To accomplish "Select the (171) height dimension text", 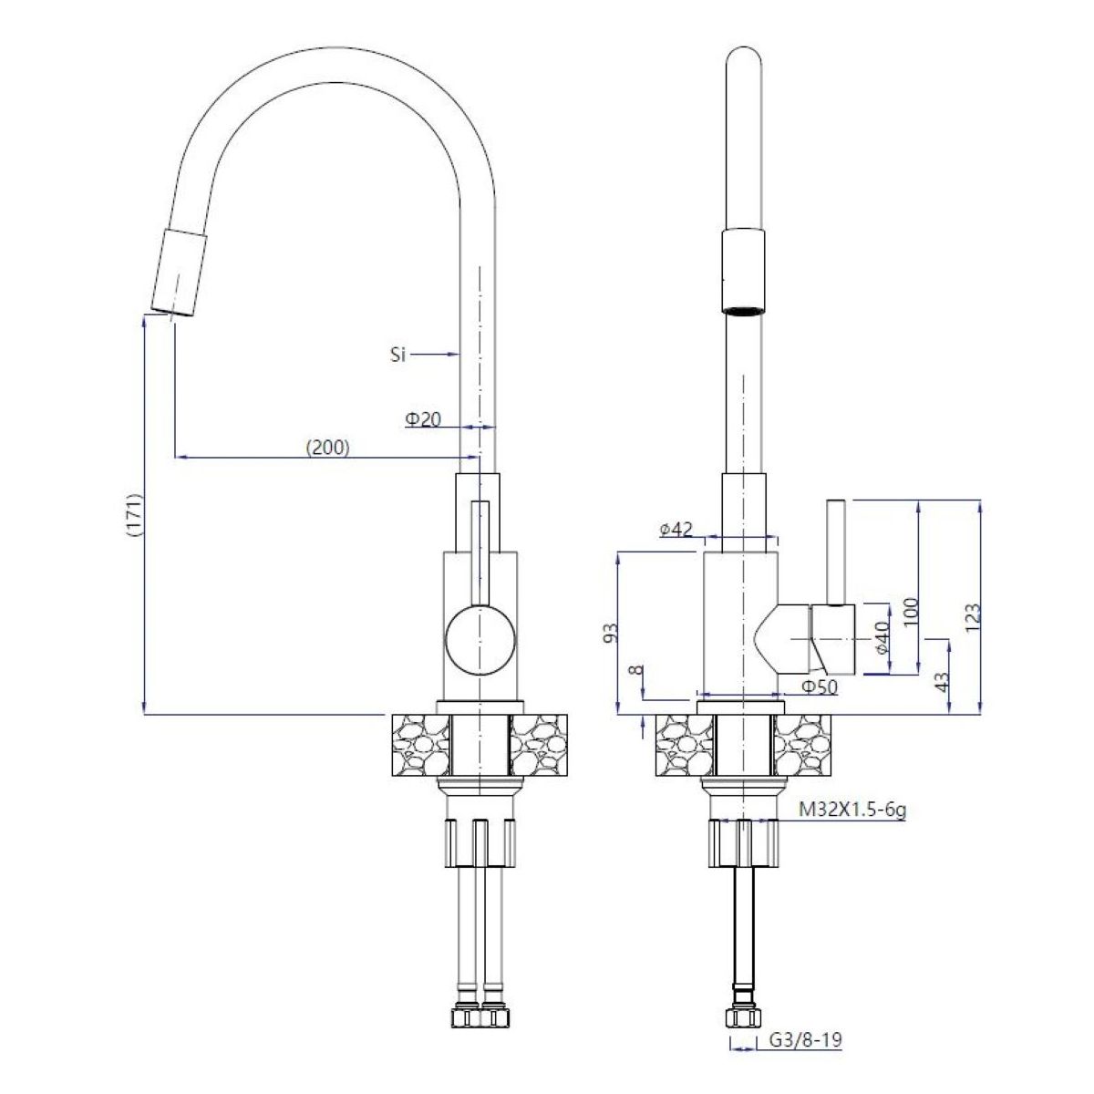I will point(133,520).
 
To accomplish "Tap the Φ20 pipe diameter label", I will point(424,418).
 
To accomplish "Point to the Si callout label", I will point(397,356).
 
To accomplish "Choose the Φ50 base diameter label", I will point(819,686).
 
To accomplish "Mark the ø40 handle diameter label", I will point(882,639).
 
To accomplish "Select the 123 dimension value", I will point(972,617).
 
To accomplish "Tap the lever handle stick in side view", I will point(837,552).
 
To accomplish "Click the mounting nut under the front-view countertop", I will point(479,841).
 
